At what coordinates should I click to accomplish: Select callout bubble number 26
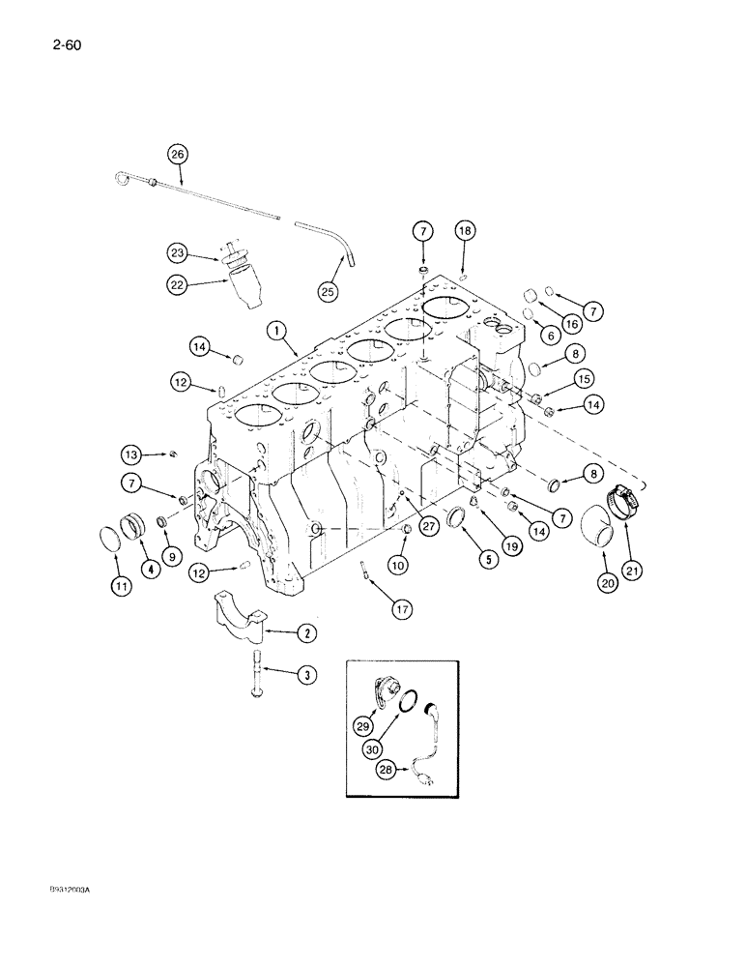pos(178,153)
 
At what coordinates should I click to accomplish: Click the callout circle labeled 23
pos(178,253)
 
